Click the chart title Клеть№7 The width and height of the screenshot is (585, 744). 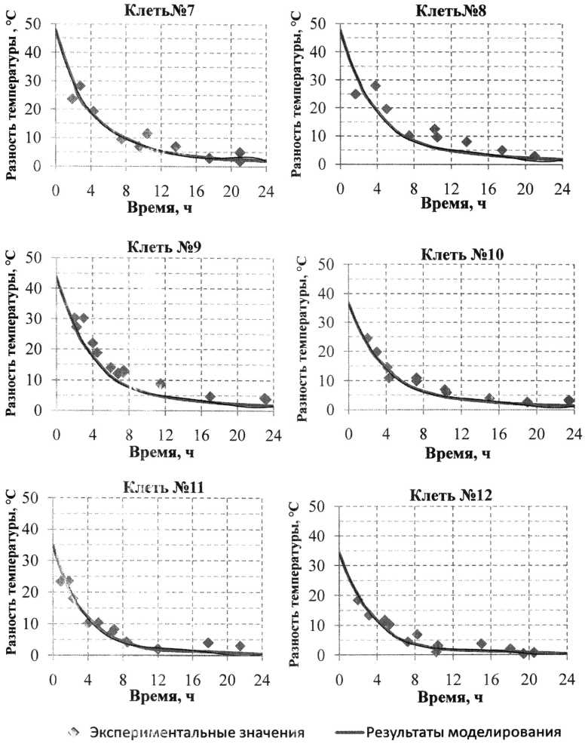tap(158, 11)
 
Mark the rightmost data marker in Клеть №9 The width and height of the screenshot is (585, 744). tap(265, 399)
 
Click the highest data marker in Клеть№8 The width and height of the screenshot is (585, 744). tap(375, 85)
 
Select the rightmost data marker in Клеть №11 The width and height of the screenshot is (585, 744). tap(240, 646)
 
